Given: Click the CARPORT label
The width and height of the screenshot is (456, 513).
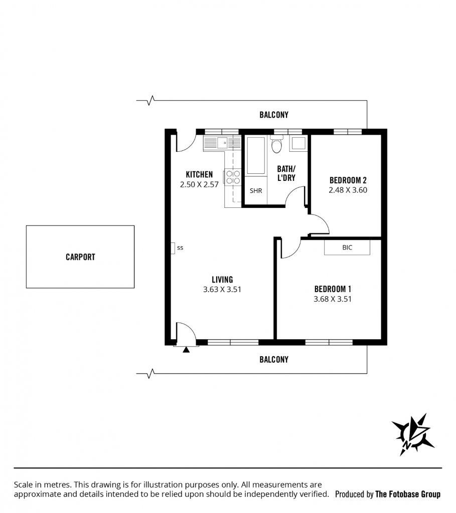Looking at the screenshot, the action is coord(80,257).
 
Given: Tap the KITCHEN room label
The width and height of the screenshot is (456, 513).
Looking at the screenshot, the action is coord(199,174).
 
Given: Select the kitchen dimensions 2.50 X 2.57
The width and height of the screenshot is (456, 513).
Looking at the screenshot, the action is coord(199,184).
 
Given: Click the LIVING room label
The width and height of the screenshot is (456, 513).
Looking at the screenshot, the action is coord(222,280).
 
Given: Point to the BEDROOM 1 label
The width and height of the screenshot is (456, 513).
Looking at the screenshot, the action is coord(333,289).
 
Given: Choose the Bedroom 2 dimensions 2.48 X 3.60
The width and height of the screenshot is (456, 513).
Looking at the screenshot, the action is coord(348,190).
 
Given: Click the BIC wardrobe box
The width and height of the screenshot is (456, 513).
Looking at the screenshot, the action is coord(347,247).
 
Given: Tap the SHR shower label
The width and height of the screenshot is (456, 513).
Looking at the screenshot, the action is coord(256,191).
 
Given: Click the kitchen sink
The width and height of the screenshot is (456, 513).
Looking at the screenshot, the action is coord(222,143).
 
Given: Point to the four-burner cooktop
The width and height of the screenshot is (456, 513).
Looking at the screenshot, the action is coord(233,177).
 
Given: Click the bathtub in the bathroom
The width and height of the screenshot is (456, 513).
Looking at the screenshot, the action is coord(256,155).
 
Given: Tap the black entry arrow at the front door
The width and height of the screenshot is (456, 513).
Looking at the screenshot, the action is coord(186,350).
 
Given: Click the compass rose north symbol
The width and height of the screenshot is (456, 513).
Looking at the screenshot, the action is coord(413,434).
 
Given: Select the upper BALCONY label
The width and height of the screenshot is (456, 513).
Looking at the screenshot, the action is coord(274,115).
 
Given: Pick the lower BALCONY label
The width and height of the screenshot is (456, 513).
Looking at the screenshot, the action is coord(274,360).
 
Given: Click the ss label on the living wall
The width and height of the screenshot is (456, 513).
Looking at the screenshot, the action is coord(180,248).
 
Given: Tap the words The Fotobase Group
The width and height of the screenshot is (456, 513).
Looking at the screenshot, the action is coord(408,494).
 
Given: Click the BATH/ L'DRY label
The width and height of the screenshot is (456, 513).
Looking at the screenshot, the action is coord(286,173).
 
